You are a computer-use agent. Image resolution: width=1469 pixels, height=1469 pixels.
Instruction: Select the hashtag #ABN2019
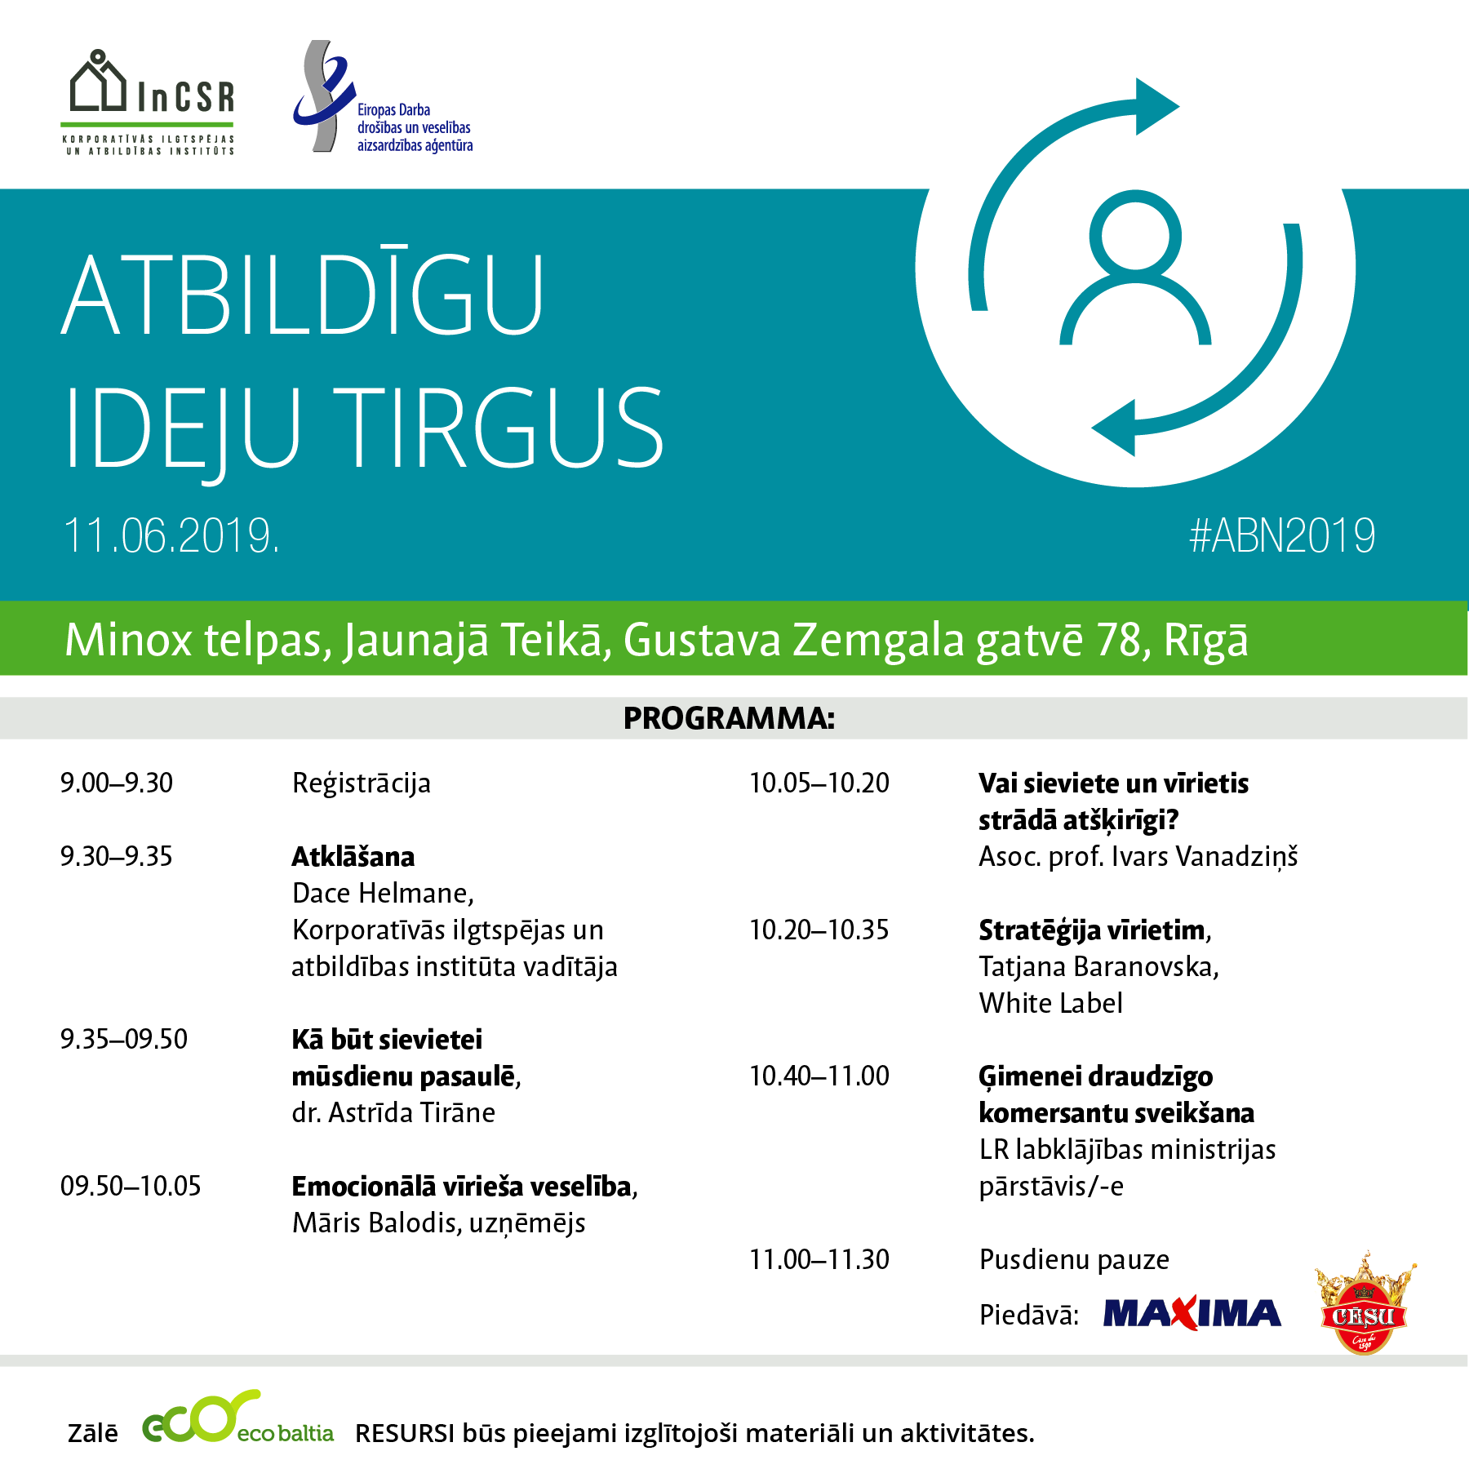1282,536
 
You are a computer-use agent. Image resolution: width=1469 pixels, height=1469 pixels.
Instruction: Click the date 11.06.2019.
171,536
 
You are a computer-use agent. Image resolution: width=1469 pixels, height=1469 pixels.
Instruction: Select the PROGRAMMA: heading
729,718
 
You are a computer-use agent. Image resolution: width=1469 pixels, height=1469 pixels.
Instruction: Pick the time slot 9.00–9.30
117,783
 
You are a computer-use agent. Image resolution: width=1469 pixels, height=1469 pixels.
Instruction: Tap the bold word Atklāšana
353,856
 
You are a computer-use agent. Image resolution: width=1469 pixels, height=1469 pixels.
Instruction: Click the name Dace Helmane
380,894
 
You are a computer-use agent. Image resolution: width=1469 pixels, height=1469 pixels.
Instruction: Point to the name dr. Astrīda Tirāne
393,1113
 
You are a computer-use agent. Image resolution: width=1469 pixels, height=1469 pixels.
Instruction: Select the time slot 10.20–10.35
819,930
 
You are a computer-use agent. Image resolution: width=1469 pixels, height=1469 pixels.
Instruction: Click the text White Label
1051,1003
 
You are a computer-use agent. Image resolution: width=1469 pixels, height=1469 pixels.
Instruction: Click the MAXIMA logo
1192,1314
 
